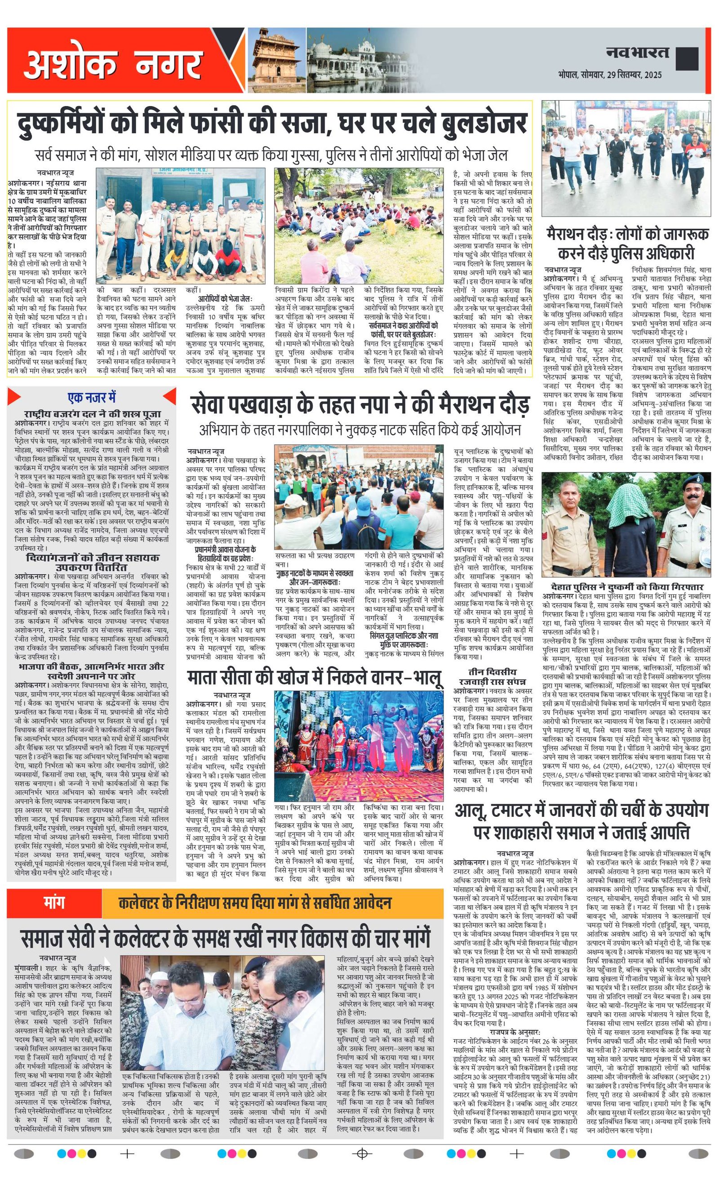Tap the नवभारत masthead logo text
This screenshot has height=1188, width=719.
pos(638,52)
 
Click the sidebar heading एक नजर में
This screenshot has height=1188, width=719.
pos(92,398)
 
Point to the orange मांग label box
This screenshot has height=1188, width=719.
pos(53,903)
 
